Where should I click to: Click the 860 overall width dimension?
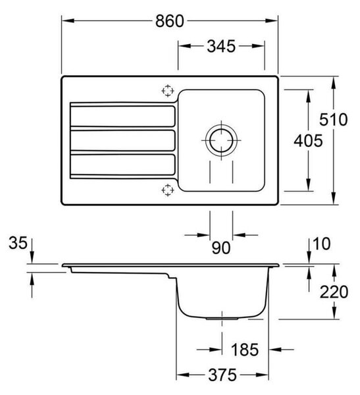[170, 21]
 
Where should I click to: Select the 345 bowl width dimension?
[221, 47]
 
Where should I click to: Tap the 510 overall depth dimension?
[333, 119]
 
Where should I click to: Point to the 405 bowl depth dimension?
[308, 141]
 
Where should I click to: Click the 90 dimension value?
[221, 248]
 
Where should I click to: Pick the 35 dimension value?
[18, 243]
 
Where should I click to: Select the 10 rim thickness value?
[321, 244]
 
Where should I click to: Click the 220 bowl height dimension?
[334, 292]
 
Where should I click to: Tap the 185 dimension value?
[245, 350]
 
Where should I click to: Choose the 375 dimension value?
[222, 375]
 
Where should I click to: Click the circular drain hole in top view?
[221, 140]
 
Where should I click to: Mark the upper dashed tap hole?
[168, 91]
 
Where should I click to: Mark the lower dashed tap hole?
[168, 190]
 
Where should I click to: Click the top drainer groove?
[122, 116]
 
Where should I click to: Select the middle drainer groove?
[122, 140]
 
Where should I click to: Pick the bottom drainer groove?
[122, 165]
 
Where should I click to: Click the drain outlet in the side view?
[222, 319]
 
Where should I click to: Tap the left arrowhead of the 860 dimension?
[68, 20]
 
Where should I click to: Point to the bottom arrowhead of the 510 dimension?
[334, 198]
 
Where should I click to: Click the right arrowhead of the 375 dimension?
[263, 375]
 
